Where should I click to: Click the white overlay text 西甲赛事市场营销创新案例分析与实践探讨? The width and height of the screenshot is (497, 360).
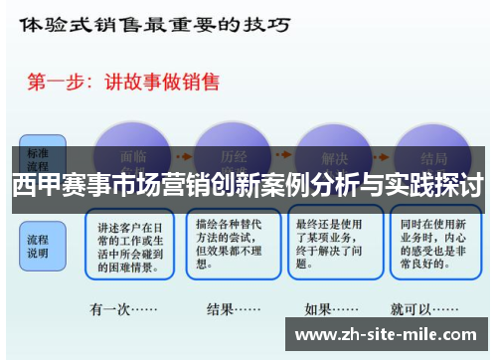tap(248, 184)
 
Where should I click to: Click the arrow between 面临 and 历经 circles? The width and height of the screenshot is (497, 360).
tap(184, 159)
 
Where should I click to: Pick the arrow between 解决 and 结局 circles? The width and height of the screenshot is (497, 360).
tap(385, 159)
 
